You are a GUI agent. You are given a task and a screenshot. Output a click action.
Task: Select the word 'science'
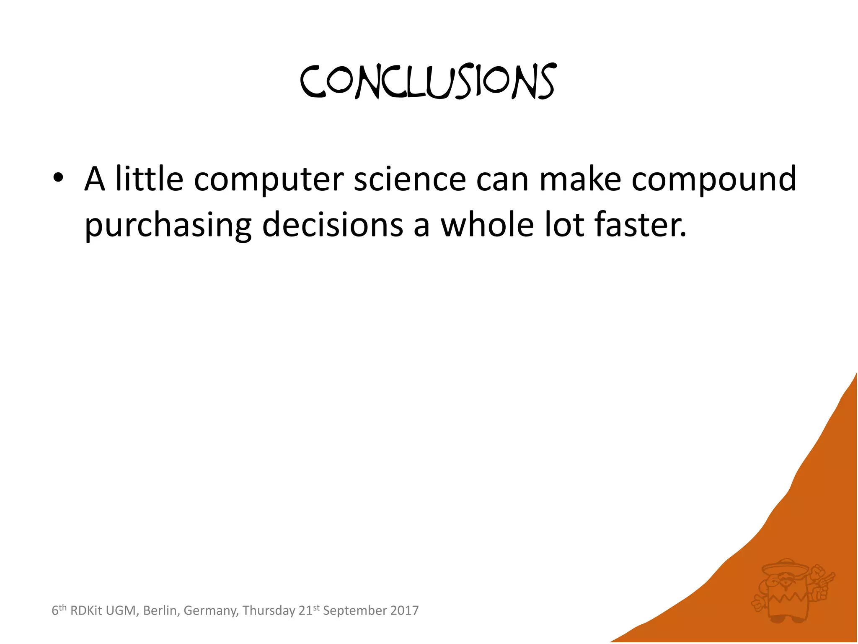[x=410, y=179]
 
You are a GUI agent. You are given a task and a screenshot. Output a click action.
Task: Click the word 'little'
[x=149, y=179]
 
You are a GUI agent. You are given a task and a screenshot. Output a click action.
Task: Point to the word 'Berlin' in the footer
[x=160, y=611]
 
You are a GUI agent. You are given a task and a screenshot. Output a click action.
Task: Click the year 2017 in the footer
[x=404, y=610]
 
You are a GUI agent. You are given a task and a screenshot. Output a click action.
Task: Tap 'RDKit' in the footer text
[x=86, y=610]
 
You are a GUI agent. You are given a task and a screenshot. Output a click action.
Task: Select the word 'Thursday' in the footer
[x=269, y=611]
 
